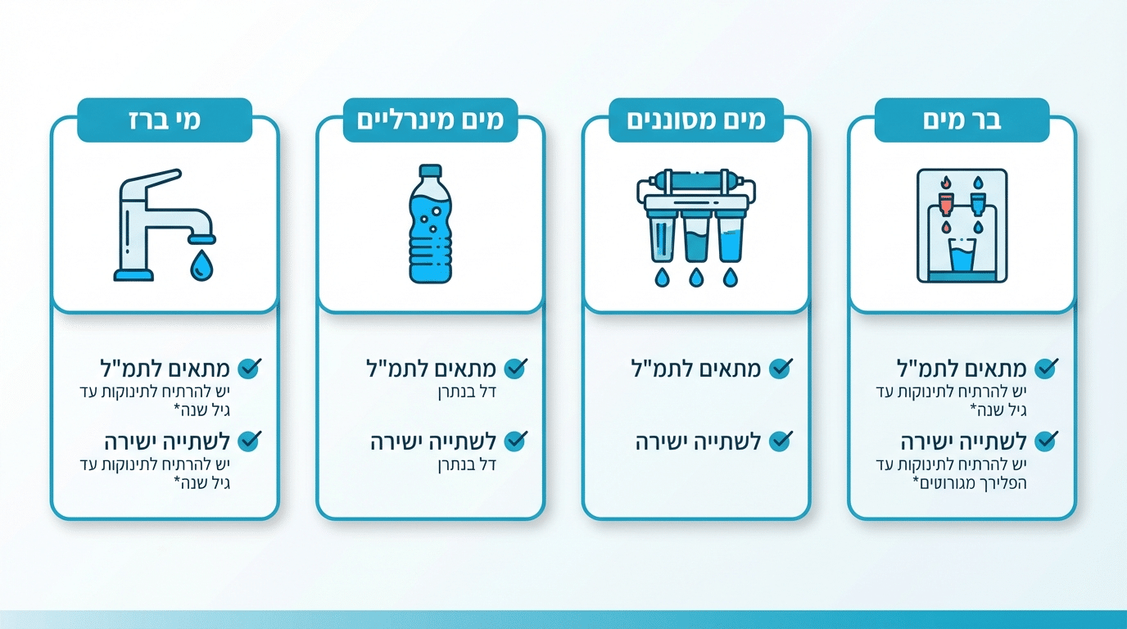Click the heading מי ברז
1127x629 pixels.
tap(164, 120)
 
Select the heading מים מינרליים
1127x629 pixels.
tap(430, 120)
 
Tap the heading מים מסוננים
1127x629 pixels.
tap(696, 120)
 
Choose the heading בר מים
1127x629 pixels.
tap(962, 120)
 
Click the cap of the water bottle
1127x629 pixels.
tap(430, 170)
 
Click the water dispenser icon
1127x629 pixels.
tap(962, 226)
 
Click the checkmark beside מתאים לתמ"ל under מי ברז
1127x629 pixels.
tap(249, 369)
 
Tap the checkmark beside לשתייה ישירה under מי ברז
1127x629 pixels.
tap(249, 441)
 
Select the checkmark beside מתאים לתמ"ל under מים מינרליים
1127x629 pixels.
tap(515, 369)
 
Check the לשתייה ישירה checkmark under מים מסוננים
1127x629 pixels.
tap(781, 441)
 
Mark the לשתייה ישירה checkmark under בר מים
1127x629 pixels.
tap(1046, 441)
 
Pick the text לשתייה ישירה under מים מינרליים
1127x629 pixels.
tap(433, 442)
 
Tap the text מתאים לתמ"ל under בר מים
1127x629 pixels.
tap(962, 369)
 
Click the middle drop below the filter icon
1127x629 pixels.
tap(696, 278)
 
